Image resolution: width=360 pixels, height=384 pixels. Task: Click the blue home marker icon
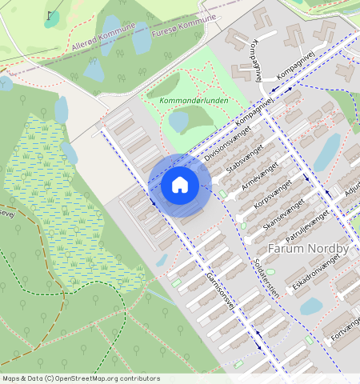180,186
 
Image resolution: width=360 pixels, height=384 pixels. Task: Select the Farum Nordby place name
308,249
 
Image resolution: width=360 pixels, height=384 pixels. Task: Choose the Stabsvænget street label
245,159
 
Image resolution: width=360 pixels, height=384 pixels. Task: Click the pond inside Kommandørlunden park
178,122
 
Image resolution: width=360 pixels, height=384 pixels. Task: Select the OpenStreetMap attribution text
81,378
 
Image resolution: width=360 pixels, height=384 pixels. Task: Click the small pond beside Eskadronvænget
310,306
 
